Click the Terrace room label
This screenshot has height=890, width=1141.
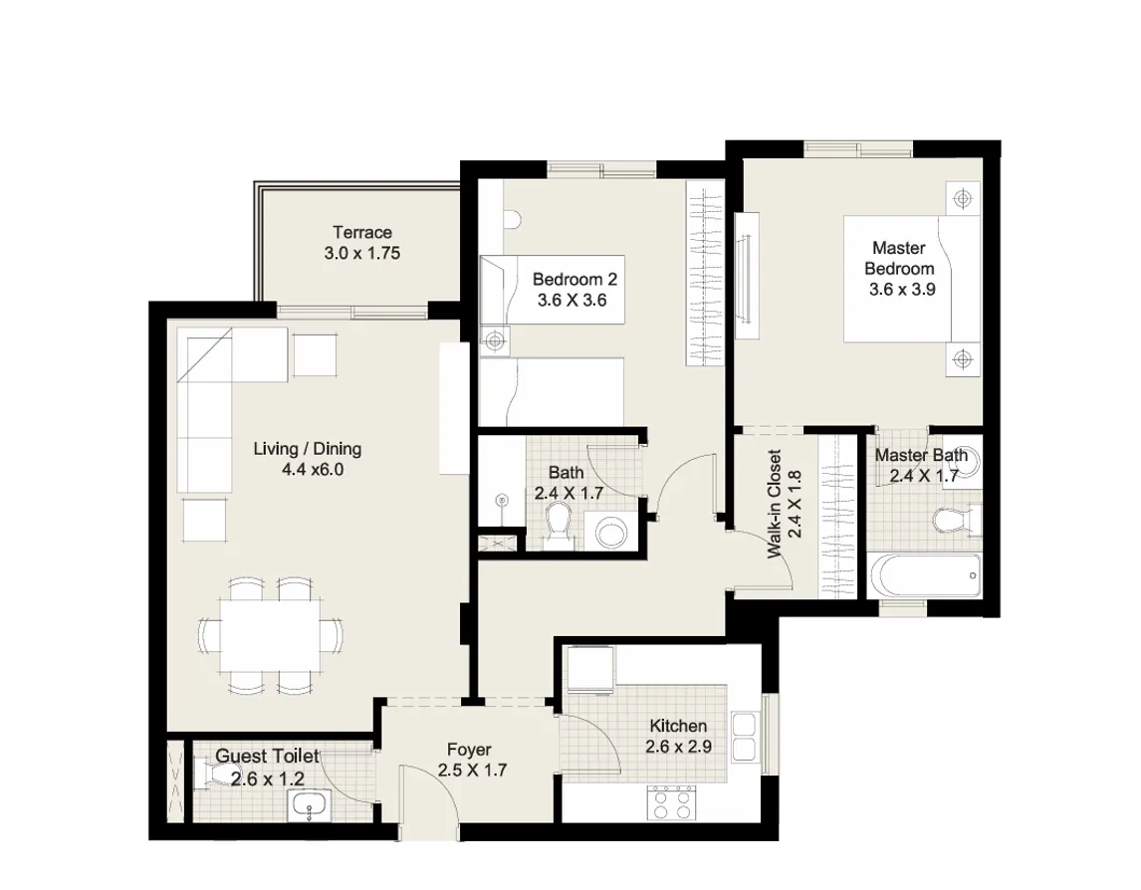point(361,233)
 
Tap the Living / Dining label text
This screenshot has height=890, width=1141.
point(307,449)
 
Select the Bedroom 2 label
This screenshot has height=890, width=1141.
point(569,278)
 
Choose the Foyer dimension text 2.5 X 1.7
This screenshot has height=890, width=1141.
point(473,770)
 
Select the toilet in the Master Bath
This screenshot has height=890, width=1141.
point(957,520)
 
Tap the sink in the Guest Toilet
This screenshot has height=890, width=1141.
point(312,806)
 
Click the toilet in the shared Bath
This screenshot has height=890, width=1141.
point(560,524)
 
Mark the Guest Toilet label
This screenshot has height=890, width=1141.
point(267,758)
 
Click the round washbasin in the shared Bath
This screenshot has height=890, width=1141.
point(609,533)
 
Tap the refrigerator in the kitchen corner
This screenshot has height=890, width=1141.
point(589,670)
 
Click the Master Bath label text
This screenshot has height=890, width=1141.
point(921,456)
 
